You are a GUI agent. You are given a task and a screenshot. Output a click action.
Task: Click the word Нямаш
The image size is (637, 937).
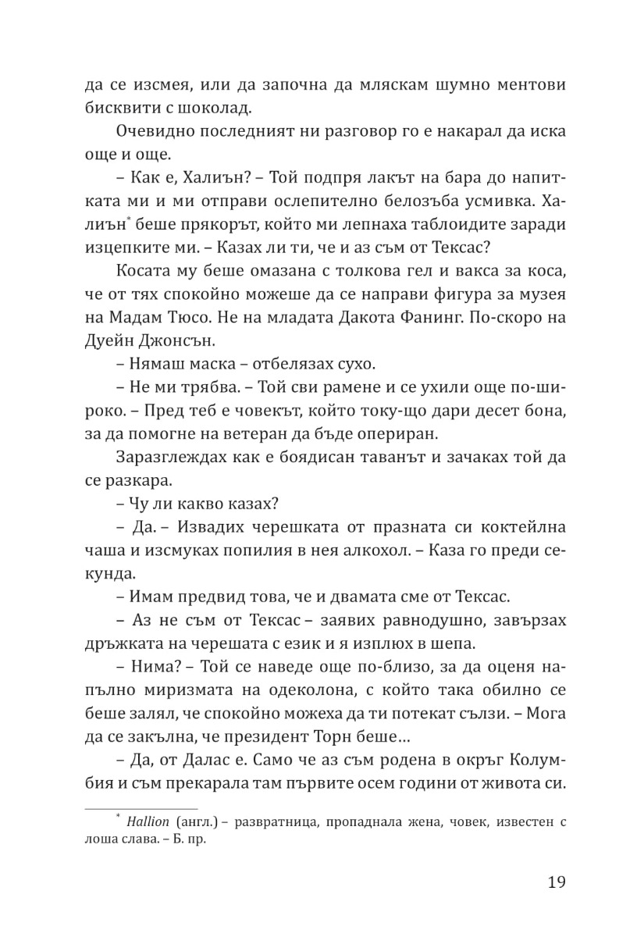pyautogui.click(x=153, y=364)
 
